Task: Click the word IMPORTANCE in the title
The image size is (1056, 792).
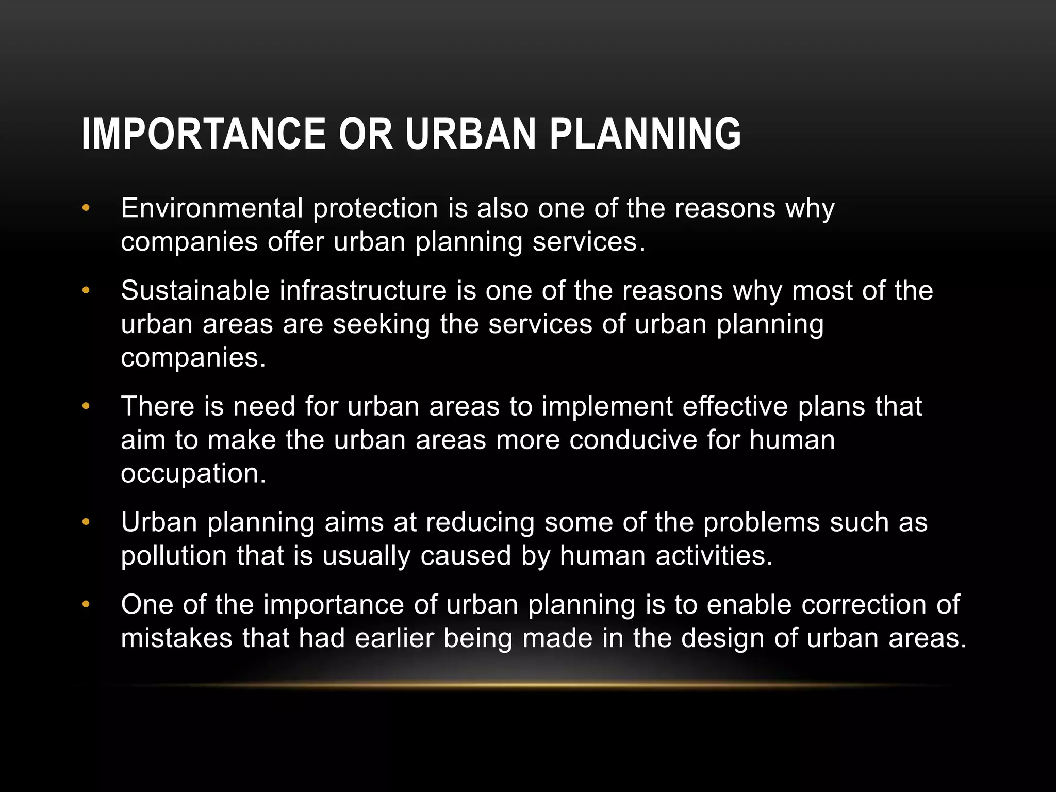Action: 203,134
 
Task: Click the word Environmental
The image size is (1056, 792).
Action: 212,208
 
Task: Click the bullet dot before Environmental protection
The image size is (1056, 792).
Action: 86,208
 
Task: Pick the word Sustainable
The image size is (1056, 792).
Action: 195,290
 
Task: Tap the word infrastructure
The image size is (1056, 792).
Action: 363,290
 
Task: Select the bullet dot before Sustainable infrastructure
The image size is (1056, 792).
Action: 86,290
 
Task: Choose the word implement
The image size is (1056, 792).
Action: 607,407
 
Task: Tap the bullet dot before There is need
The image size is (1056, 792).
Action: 86,406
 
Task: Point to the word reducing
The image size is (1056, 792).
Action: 480,523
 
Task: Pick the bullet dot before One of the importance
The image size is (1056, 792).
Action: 86,604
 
